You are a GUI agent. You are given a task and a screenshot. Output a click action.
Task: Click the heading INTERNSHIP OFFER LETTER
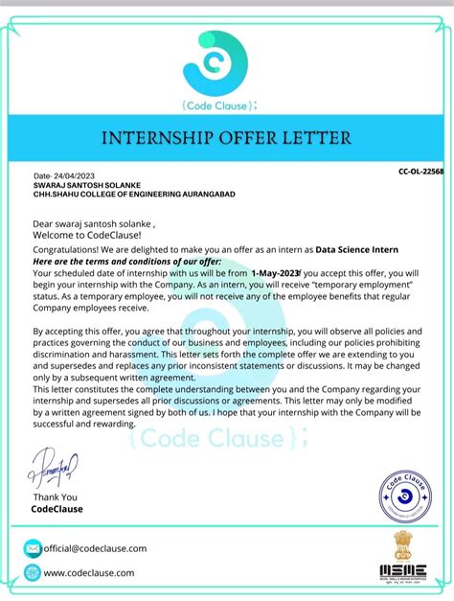(226, 138)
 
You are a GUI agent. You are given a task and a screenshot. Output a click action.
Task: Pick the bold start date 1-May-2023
(277, 271)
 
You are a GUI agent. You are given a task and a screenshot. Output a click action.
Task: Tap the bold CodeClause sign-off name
(57, 509)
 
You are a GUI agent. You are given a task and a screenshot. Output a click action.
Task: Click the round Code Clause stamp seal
(404, 497)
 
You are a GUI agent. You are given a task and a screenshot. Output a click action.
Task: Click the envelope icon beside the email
(33, 548)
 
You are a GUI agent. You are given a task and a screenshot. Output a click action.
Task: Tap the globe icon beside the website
(33, 573)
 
